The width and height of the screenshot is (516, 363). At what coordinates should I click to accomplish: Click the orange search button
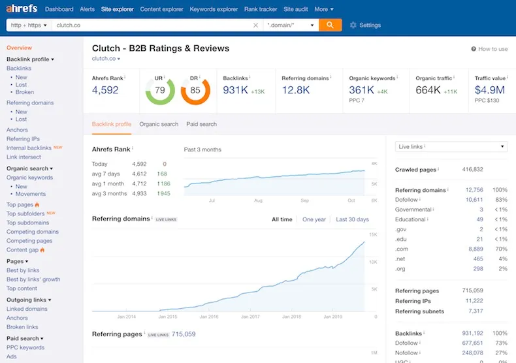330,25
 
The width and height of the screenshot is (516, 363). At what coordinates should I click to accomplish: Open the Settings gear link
365,25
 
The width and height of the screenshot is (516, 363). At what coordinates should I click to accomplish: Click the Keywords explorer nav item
214,9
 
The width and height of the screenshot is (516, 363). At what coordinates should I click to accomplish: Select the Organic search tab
159,124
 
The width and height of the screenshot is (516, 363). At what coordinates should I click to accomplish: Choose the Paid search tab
201,124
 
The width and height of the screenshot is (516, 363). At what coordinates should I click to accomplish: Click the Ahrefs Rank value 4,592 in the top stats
105,89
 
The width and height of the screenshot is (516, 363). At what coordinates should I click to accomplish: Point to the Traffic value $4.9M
490,89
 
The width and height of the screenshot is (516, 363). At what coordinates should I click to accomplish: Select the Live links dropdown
451,147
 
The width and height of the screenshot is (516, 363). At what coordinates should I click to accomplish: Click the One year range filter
314,219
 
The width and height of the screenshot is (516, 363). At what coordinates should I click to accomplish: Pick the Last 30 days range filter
352,219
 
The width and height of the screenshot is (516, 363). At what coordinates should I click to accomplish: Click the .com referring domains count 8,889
476,249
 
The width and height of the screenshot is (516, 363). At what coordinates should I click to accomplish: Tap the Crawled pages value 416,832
472,169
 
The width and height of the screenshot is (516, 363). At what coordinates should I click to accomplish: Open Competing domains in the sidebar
33,232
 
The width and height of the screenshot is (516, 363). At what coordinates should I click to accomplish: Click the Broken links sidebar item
22,327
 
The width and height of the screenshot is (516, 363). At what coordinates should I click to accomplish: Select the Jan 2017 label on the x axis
250,317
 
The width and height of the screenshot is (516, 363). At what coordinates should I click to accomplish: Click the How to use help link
489,49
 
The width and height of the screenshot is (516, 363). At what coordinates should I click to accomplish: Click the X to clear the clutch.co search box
255,25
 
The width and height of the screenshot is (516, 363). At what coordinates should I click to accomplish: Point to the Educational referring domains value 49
480,219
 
